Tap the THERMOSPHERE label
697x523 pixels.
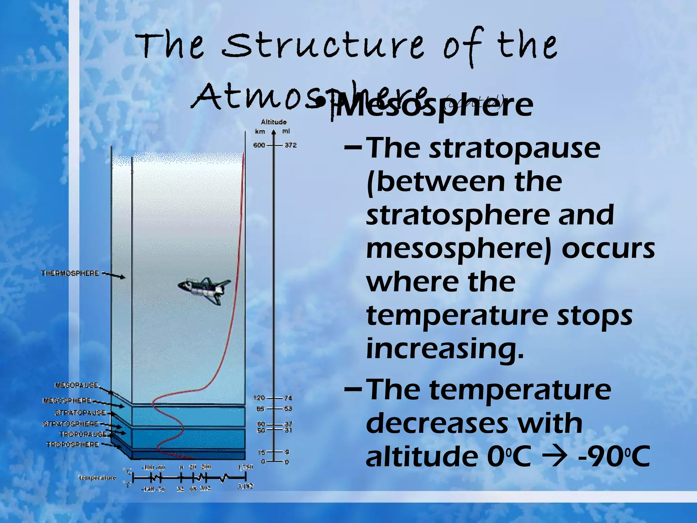[x=70, y=273]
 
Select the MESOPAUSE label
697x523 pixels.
[x=76, y=385]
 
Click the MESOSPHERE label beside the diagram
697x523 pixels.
[x=67, y=401]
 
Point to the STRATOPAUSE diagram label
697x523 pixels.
[x=80, y=413]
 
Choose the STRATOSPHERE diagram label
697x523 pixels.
[x=70, y=424]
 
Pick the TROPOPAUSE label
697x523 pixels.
[x=83, y=434]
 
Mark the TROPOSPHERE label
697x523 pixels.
[x=72, y=445]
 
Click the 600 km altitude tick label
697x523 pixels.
[x=259, y=145]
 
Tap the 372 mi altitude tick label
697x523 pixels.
[x=291, y=145]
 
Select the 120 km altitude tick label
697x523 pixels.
[x=259, y=398]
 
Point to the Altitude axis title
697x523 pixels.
[x=274, y=122]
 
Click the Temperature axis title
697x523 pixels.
[x=97, y=478]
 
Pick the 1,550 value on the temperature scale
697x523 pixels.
[x=245, y=467]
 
